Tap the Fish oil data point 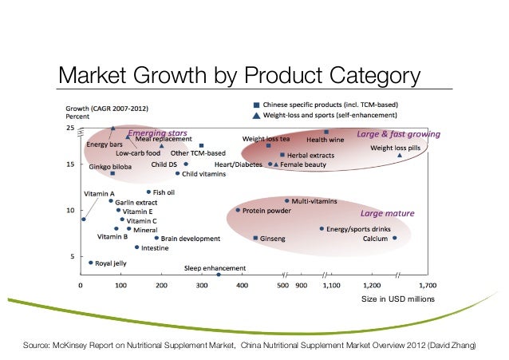[x=148, y=192]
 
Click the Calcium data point [x=394, y=238]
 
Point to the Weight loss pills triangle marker [x=400, y=155]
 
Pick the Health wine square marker [x=326, y=132]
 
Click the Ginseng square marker [x=255, y=238]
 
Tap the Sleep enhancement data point [x=219, y=274]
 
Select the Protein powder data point [x=238, y=210]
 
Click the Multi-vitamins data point [x=287, y=201]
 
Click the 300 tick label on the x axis [x=201, y=284]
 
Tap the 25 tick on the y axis [x=69, y=128]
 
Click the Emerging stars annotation [x=157, y=132]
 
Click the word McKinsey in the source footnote [x=70, y=346]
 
